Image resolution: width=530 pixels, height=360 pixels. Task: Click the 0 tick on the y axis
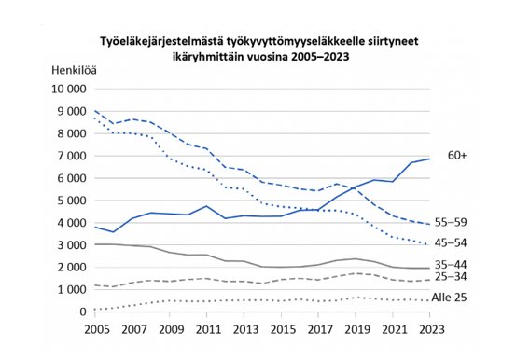tap(84, 312)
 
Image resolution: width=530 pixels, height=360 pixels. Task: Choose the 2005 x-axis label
tap(96, 329)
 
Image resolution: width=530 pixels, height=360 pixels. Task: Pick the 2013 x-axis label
tap(244, 329)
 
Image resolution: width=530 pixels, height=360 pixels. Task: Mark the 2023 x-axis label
tap(430, 329)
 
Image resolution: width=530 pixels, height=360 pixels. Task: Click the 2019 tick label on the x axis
tap(356, 329)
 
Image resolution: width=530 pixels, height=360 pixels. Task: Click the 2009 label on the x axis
tap(171, 329)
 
